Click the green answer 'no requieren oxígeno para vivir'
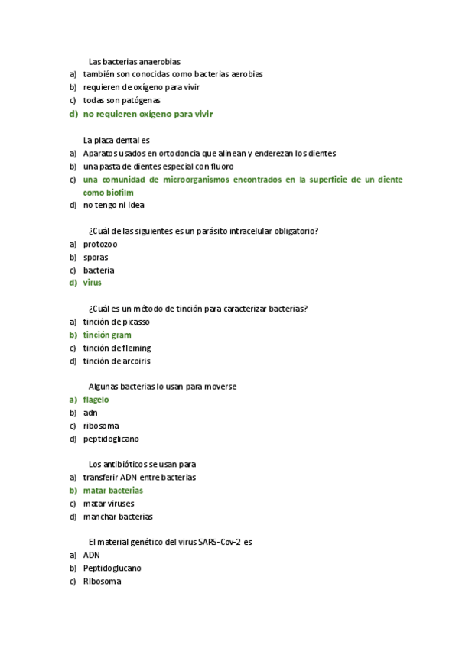pos(148,114)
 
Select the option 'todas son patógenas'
pos(122,100)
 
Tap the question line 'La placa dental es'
pos(116,140)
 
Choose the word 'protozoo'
pos(100,244)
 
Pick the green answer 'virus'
pos(92,283)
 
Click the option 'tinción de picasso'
pos(116,322)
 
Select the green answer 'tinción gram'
pos(107,335)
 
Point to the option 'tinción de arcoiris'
pos(117,361)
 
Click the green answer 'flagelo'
pos(96,400)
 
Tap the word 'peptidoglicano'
pos(111,439)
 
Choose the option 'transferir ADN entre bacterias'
pos(139,478)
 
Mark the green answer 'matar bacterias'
pos(112,491)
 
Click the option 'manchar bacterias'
pos(118,517)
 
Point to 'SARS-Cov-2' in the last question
pos(220,542)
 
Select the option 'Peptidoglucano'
pos(112,569)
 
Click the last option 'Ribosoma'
pos(102,582)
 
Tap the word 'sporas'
pos(96,257)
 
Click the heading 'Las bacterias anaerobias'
pos(135,61)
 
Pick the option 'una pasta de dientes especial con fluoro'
pos(158,166)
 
